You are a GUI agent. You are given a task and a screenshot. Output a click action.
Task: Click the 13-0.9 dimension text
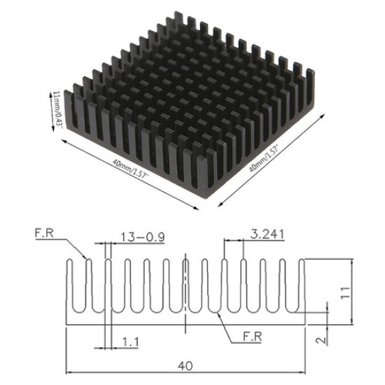click(x=143, y=237)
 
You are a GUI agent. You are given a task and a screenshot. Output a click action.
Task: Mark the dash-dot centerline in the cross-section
click(x=185, y=294)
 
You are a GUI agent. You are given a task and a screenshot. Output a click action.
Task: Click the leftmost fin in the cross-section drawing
click(x=69, y=287)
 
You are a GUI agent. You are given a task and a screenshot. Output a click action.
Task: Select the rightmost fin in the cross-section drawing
click(x=302, y=287)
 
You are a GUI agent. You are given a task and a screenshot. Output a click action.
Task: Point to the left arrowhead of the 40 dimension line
click(x=69, y=372)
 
